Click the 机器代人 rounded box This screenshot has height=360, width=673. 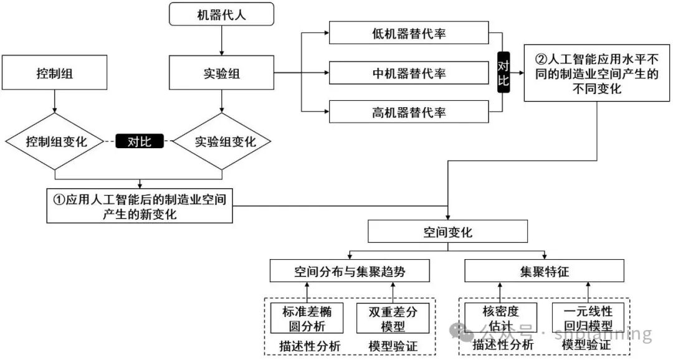(221, 14)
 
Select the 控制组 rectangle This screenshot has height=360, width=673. (55, 73)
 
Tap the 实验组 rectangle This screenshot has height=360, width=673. (221, 73)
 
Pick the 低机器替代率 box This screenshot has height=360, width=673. (409, 34)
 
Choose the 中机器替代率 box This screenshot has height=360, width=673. (409, 73)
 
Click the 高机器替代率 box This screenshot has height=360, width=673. (409, 113)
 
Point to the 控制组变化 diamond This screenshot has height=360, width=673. (55, 141)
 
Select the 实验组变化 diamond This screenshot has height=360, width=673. (222, 141)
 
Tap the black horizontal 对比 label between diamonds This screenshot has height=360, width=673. (140, 141)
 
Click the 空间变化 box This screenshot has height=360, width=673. (447, 232)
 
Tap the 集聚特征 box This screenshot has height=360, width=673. (544, 272)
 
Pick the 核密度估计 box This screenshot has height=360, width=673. (500, 318)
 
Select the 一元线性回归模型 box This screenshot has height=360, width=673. (588, 318)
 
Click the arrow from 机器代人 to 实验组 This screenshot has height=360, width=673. (221, 40)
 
